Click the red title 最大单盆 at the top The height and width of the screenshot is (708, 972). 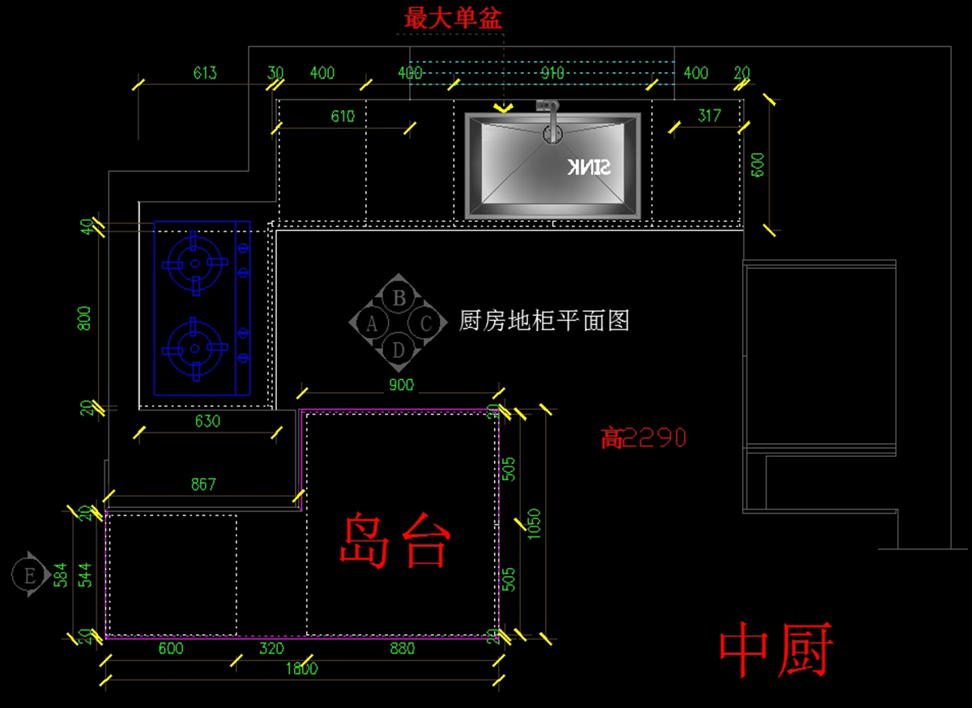(x=453, y=17)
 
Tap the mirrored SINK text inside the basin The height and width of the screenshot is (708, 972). (x=588, y=168)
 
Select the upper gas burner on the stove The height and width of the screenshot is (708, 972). (x=194, y=262)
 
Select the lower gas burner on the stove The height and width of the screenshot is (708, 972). (x=194, y=349)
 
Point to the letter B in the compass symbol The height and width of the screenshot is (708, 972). (x=399, y=298)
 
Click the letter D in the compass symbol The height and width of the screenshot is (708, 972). (x=399, y=350)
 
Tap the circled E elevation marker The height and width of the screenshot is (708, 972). (x=30, y=575)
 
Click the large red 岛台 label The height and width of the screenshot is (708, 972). (x=394, y=540)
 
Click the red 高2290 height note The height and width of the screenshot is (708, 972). (x=644, y=438)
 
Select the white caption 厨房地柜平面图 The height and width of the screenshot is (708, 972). (x=544, y=321)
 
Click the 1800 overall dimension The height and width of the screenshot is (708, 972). (x=301, y=669)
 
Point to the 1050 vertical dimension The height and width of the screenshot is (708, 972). (x=534, y=524)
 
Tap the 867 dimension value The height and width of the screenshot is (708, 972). (x=203, y=484)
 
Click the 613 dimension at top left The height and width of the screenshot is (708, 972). (x=205, y=73)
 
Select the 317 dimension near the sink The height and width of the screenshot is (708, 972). (x=709, y=116)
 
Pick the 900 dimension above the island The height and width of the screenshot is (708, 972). (x=401, y=385)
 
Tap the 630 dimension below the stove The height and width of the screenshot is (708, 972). (x=207, y=421)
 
